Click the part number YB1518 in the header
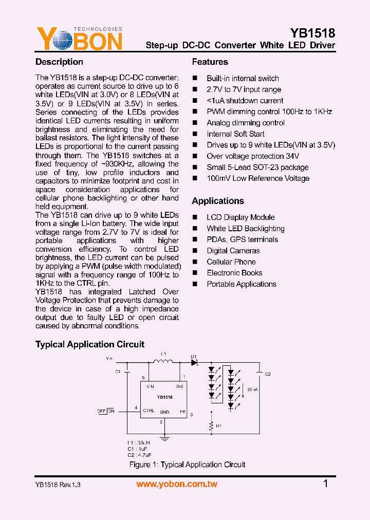click(x=312, y=33)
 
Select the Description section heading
click(x=59, y=62)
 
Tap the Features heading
click(x=210, y=62)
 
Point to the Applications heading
click(x=218, y=201)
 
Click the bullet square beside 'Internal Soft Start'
click(x=195, y=134)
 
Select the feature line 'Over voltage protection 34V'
click(x=253, y=156)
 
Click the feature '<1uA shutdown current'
click(x=245, y=101)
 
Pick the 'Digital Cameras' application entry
click(x=233, y=251)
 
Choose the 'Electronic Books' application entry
click(x=234, y=273)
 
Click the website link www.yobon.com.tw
click(x=177, y=484)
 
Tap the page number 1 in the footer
click(x=326, y=484)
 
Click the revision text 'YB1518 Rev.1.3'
click(x=58, y=485)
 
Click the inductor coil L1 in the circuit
click(x=163, y=362)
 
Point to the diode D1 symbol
click(x=194, y=362)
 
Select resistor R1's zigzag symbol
click(x=211, y=426)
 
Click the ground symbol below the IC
click(x=164, y=438)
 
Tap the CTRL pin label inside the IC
click(x=149, y=411)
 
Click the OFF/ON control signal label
click(x=106, y=411)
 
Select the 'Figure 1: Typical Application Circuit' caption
click(x=187, y=465)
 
